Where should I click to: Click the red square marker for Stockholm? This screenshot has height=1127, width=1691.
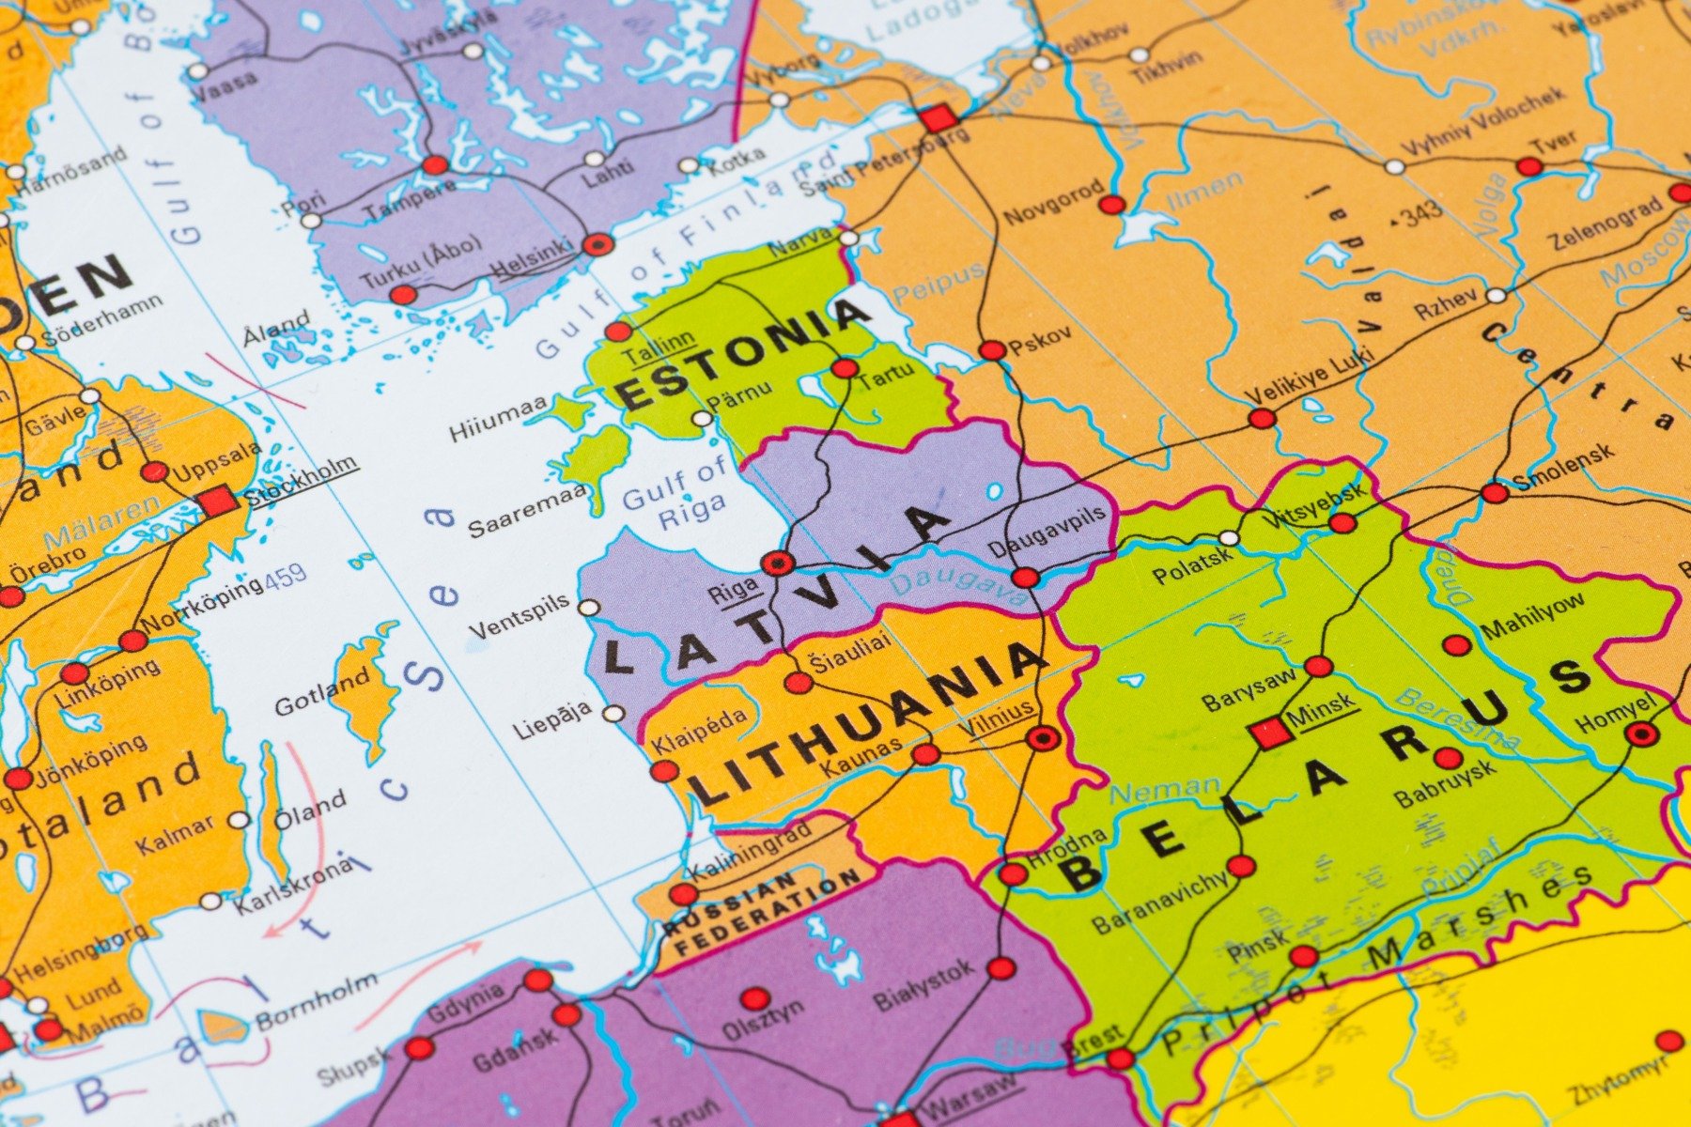(x=218, y=502)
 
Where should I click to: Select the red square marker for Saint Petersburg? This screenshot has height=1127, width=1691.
(x=937, y=119)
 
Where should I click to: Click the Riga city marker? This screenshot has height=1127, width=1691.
(x=778, y=563)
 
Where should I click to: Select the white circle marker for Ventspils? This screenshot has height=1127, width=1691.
(x=589, y=608)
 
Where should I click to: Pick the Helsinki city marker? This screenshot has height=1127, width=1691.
(x=597, y=245)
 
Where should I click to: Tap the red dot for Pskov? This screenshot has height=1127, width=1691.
(x=992, y=351)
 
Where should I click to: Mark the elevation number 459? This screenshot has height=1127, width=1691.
(x=286, y=577)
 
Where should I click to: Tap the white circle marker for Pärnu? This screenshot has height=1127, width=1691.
(x=703, y=419)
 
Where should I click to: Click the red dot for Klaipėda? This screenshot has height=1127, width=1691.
(x=664, y=772)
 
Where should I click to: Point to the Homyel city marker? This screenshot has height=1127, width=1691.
(x=1641, y=733)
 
